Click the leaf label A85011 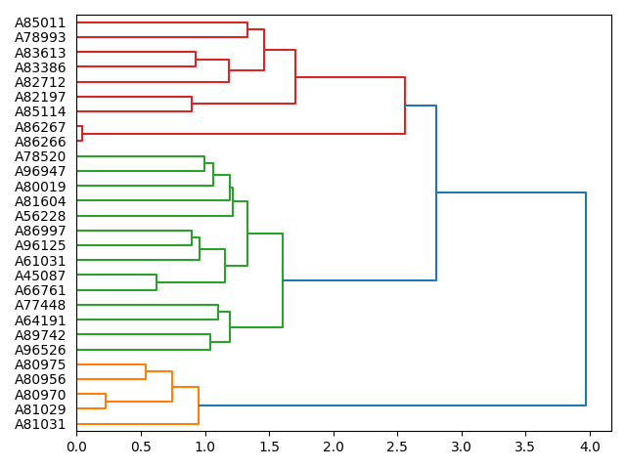(40, 22)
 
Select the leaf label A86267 (40, 127)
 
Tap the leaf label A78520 (40, 156)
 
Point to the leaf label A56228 (40, 216)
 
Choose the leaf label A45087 (40, 276)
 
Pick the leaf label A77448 (40, 305)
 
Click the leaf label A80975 (40, 364)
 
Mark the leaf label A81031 (40, 424)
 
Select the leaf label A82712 (40, 82)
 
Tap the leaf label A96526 (40, 350)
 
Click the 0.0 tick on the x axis (76, 448)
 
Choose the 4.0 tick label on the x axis (589, 448)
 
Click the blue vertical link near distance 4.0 (586, 298)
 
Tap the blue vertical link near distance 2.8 (436, 192)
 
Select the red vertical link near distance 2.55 (405, 106)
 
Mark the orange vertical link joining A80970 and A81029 (106, 402)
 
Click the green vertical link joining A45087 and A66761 (156, 282)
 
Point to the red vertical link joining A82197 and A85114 (192, 105)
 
